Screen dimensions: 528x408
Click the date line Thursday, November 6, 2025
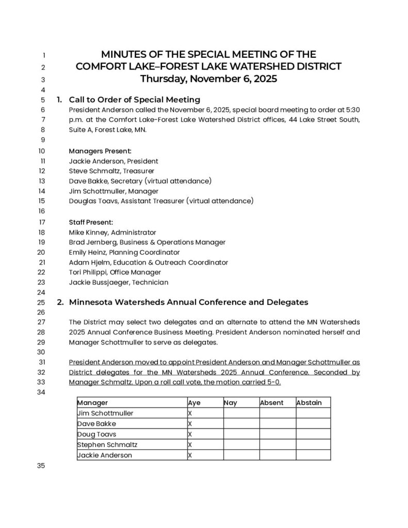pos(208,79)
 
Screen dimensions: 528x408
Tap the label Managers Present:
pos(100,151)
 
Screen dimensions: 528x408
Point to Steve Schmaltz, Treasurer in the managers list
pos(111,171)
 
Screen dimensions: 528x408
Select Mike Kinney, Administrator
pos(112,233)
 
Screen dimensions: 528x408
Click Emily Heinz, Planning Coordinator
pos(124,252)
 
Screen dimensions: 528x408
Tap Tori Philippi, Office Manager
pos(115,272)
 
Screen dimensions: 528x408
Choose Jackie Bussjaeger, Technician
pos(119,282)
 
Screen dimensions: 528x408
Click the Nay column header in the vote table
pos(231,403)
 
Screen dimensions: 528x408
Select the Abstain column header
pos(309,403)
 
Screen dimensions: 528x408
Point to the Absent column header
pos(272,403)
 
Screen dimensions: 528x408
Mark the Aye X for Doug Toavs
pos(190,434)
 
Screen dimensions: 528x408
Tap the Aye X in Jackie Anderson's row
pos(190,455)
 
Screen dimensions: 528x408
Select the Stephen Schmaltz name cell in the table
pos(107,444)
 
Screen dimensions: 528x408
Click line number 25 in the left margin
pos(41,302)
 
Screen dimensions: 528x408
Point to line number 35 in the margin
pos(41,466)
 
